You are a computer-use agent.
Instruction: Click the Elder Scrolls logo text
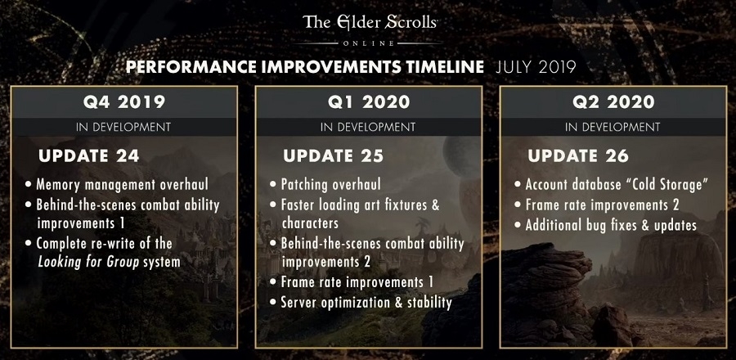coord(370,22)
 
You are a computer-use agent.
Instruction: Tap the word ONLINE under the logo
coord(369,43)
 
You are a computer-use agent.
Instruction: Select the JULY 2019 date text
coord(536,67)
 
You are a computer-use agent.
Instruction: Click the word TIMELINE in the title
coord(445,67)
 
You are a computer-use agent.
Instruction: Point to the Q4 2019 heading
coord(124,101)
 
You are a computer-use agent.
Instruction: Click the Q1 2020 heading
coord(369,101)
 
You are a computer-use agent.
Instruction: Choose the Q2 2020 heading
coord(613,101)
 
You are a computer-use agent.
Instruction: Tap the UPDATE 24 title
coord(88,155)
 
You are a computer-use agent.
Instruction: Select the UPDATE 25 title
coord(334,155)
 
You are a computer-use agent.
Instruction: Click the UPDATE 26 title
coord(578,155)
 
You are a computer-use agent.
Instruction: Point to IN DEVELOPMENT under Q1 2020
coord(369,127)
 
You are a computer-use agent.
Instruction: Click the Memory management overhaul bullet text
coord(122,184)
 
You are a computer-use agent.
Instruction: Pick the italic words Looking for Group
coord(88,262)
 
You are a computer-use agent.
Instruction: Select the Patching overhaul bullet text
coord(331,184)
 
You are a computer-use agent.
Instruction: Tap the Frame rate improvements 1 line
coord(357,282)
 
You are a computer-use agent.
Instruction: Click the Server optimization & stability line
coord(366,302)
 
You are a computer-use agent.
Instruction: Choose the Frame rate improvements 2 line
coord(602,205)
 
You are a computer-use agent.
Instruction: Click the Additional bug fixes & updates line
coord(611,225)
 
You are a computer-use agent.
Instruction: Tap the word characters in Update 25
coord(310,223)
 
